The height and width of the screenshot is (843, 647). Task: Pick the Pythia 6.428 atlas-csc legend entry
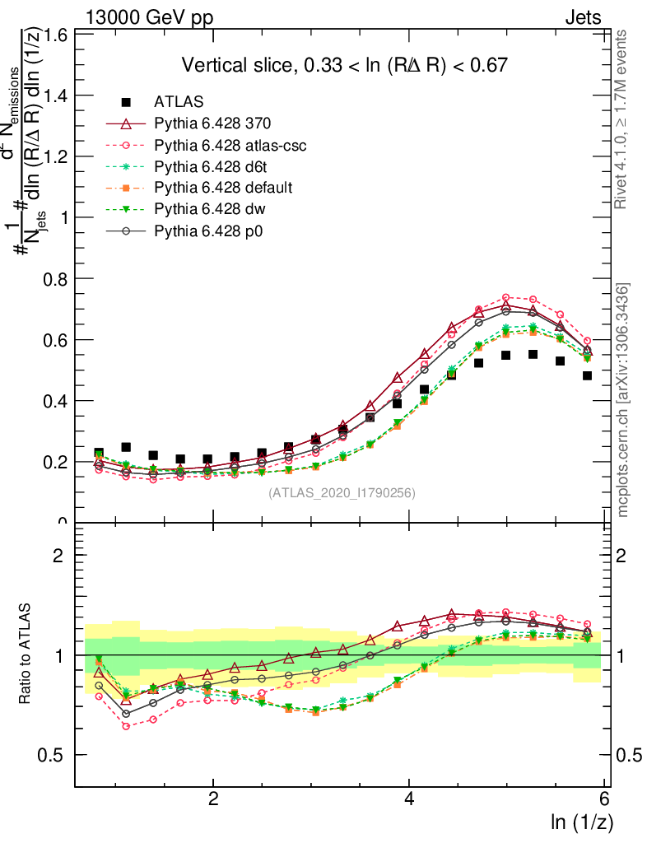[x=226, y=146]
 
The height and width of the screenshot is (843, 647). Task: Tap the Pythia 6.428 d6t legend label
[x=212, y=167]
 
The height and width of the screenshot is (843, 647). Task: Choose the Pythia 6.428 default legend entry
[x=223, y=189]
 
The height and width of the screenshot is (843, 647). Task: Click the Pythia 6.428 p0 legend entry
[x=212, y=231]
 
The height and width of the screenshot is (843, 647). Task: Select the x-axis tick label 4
[x=409, y=799]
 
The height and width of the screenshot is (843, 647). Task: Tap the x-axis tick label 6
[x=605, y=799]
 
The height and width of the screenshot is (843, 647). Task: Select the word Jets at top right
[x=582, y=16]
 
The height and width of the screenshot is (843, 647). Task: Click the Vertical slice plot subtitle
[x=343, y=65]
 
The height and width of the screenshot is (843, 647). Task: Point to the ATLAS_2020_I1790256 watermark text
[x=342, y=494]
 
